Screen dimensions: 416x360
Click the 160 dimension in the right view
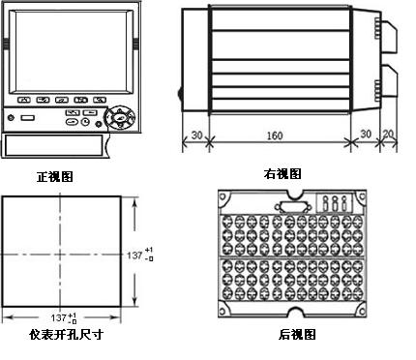[275, 135]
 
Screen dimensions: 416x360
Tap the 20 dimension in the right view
[389, 134]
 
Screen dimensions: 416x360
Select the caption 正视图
[55, 177]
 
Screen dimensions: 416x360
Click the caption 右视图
[282, 174]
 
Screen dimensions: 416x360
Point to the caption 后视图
[297, 335]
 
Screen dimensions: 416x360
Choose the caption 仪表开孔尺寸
[67, 335]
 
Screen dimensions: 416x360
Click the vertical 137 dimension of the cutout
[139, 255]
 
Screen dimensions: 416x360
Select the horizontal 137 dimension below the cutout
[64, 318]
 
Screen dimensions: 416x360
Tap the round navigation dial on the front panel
[120, 117]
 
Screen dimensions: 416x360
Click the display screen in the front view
[71, 51]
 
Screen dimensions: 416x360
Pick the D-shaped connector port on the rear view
[293, 207]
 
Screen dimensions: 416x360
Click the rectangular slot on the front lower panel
[27, 118]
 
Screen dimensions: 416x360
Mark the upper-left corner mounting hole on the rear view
[223, 196]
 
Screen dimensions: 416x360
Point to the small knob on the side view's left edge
[180, 93]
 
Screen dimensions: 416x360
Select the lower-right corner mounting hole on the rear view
[362, 312]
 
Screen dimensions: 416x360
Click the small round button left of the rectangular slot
[11, 118]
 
